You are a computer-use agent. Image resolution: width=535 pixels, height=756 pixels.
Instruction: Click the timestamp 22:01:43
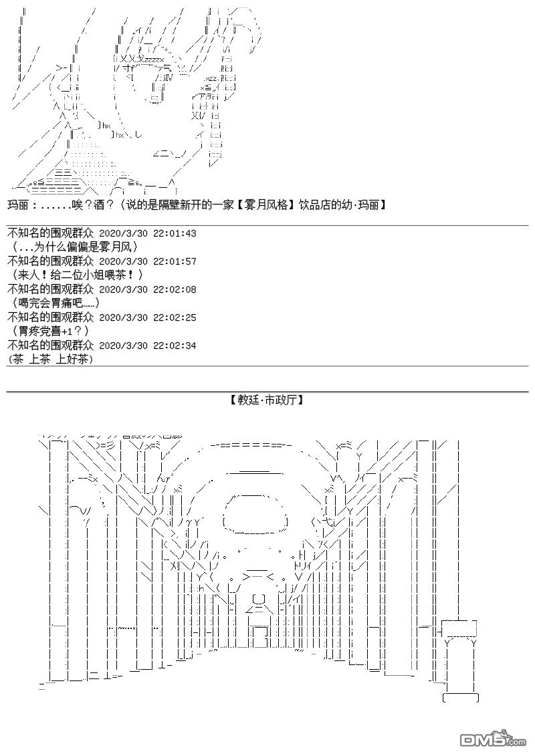click(x=175, y=233)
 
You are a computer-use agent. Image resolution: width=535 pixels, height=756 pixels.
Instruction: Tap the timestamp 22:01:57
click(x=175, y=261)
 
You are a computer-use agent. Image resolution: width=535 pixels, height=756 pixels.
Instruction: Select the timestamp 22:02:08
click(x=175, y=289)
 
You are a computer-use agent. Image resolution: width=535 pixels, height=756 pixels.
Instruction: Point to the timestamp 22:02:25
click(x=175, y=318)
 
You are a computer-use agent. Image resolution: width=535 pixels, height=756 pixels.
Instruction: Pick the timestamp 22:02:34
click(x=175, y=346)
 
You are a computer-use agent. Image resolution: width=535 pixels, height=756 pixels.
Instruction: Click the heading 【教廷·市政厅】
click(x=266, y=400)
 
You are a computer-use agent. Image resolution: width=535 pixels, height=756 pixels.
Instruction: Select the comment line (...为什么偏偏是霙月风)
click(x=74, y=247)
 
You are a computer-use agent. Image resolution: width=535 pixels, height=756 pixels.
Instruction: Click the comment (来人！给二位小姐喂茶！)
click(x=77, y=275)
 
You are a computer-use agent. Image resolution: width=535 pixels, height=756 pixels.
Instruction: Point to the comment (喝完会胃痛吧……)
click(x=60, y=303)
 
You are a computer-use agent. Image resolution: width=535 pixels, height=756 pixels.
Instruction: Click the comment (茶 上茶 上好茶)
click(x=51, y=359)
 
